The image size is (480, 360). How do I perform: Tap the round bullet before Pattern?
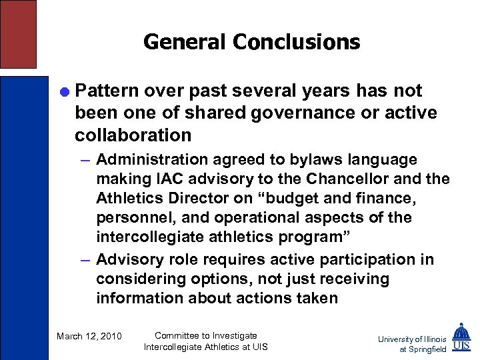pos(64,91)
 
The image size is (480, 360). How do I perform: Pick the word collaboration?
pos(133,135)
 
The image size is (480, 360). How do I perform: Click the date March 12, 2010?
pos(89,336)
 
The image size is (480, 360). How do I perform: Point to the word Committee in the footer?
pos(180,335)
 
